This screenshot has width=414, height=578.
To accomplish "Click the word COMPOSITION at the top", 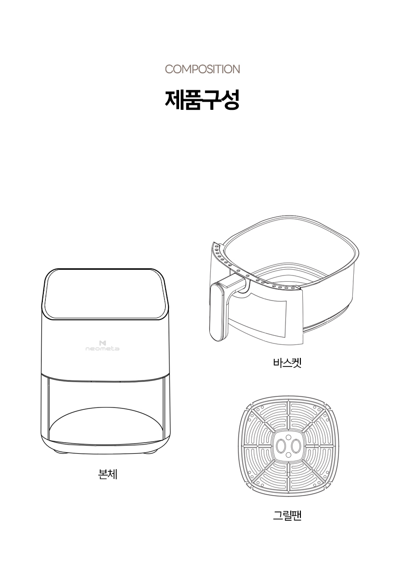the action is pyautogui.click(x=202, y=69).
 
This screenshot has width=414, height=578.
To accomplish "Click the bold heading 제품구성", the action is pyautogui.click(x=202, y=100).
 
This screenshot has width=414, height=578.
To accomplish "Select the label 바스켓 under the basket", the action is pyautogui.click(x=287, y=363).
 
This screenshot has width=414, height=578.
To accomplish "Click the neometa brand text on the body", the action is pyautogui.click(x=103, y=349).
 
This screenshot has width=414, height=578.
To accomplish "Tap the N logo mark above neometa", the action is pyautogui.click(x=103, y=343).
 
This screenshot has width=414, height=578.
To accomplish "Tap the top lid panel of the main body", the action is pyautogui.click(x=105, y=294).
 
